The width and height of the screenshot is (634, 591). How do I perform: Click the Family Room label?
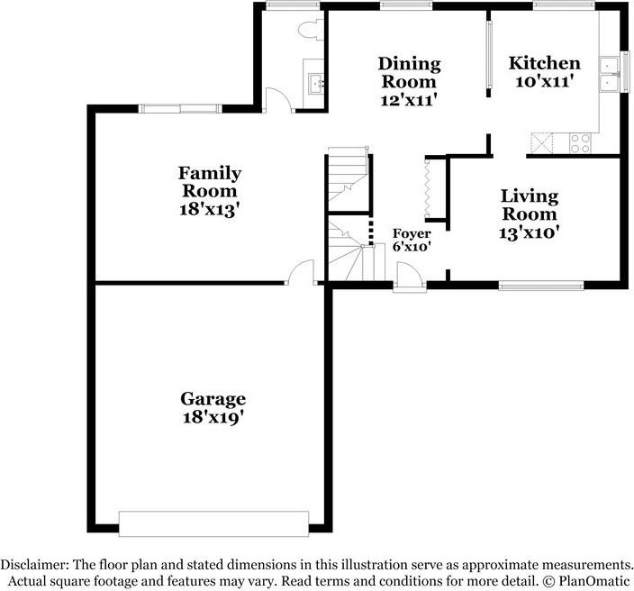click(209, 182)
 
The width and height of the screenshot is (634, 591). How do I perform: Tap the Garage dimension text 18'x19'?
click(213, 417)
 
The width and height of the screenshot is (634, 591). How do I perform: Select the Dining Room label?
click(409, 73)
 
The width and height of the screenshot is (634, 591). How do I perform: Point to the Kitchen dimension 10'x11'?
click(544, 82)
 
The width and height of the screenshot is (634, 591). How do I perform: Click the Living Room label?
click(529, 205)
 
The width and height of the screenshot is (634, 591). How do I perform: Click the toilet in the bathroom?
click(308, 29)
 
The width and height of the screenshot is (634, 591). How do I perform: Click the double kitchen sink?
click(610, 73)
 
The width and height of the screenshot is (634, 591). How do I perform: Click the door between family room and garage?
click(301, 273)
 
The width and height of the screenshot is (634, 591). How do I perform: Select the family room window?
click(181, 109)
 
